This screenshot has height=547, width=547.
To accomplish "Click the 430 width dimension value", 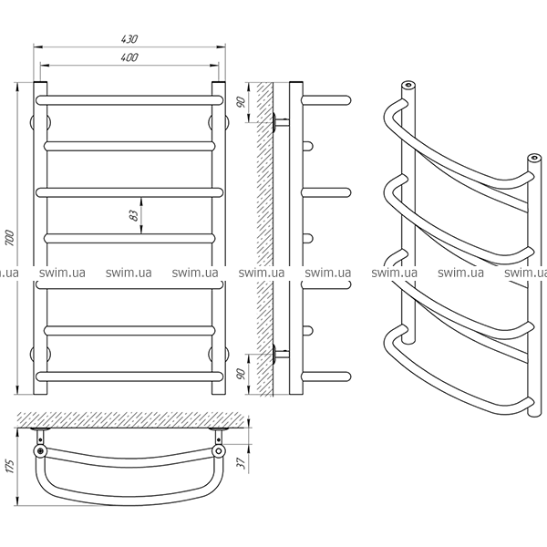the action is click(x=129, y=38).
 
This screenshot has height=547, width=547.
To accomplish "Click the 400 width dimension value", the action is click(x=129, y=57).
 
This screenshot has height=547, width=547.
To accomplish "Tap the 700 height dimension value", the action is click(x=9, y=238).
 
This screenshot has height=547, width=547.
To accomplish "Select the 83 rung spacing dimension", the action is click(x=134, y=215).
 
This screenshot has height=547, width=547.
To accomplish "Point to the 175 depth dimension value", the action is click(x=10, y=466).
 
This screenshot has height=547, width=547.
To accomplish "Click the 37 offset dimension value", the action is click(x=242, y=463).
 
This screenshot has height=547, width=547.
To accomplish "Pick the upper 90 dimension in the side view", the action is click(x=242, y=102).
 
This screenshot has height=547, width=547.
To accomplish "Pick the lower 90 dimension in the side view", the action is click(x=242, y=374).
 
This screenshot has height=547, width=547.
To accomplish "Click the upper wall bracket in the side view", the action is click(x=281, y=122).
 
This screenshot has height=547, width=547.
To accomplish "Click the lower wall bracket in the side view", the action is click(x=281, y=354).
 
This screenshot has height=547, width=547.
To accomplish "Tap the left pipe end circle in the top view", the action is click(x=40, y=450).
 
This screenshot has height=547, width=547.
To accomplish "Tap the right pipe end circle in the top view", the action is click(x=219, y=450).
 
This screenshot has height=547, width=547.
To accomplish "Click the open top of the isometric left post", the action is click(x=408, y=85).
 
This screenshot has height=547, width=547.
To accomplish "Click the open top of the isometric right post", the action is click(x=533, y=158).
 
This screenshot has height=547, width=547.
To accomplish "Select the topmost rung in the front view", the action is click(x=129, y=100).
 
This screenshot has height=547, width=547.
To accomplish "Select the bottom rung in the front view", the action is click(x=129, y=377).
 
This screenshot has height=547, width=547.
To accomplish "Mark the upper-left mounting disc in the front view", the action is click(x=40, y=122).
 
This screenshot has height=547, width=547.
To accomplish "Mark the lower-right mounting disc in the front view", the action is click(x=219, y=354).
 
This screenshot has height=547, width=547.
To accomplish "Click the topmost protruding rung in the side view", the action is click(x=326, y=100).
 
